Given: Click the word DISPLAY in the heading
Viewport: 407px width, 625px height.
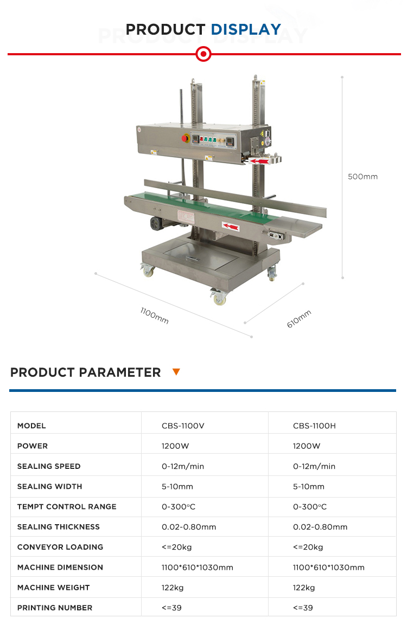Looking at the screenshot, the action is pos(246,29).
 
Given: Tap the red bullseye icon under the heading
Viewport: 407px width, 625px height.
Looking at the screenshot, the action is pos(203,54).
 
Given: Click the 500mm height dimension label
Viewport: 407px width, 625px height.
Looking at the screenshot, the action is pos(363,177).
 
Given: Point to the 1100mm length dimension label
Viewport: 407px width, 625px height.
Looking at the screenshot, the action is pos(155,315).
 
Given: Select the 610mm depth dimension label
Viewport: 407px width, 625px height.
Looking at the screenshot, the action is pos(299,319).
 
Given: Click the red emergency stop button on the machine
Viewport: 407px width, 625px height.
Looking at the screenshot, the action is pos(185,138).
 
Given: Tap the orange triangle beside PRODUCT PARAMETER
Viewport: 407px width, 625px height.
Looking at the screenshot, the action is pos(176,372).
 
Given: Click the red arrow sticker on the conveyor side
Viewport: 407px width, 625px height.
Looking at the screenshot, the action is pos(231,227).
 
